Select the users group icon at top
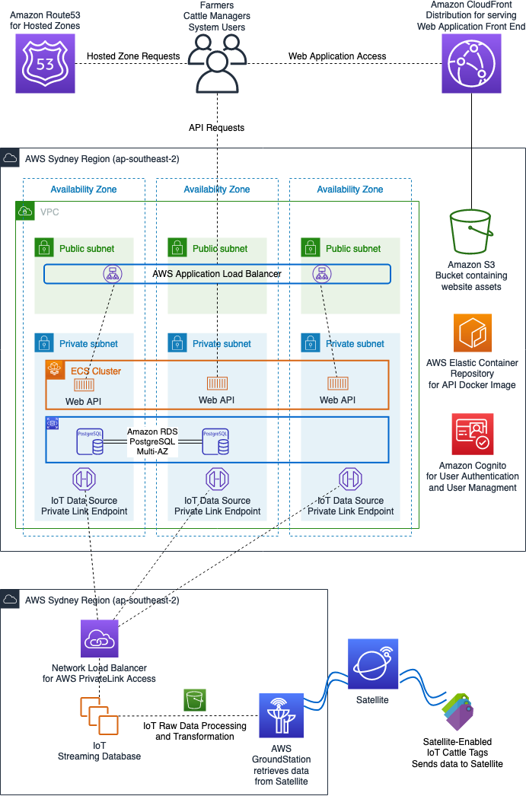coord(218,64)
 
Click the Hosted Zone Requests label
coord(133,56)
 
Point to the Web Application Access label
coord(337,56)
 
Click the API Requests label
coord(216,128)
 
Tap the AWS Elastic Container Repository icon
coord(473,333)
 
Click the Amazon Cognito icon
coord(472,435)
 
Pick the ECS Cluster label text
coord(96,371)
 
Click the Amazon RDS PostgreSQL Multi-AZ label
coord(152,441)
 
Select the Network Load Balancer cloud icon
coord(100,638)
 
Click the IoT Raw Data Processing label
coord(195,731)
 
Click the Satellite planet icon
coord(373,664)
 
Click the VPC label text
coord(49,212)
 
